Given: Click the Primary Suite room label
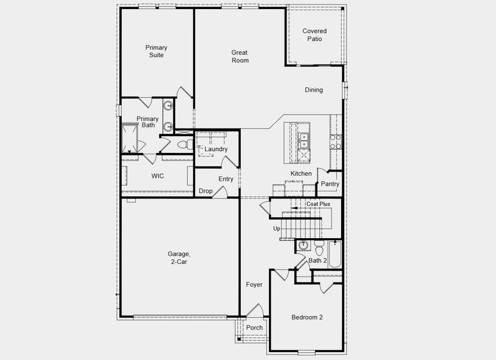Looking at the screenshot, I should pyautogui.click(x=156, y=52).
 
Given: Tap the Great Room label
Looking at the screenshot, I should pyautogui.click(x=240, y=56).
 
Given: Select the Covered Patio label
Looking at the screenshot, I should pyautogui.click(x=315, y=35).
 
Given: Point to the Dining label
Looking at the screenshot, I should pyautogui.click(x=313, y=90).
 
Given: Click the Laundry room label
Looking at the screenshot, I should pyautogui.click(x=216, y=149).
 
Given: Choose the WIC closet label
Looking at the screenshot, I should pyautogui.click(x=157, y=176).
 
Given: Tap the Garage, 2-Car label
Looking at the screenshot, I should pyautogui.click(x=179, y=257).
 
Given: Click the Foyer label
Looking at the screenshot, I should pyautogui.click(x=254, y=284).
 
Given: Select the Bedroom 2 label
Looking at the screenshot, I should pyautogui.click(x=307, y=317).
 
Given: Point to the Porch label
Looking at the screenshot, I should pyautogui.click(x=255, y=328).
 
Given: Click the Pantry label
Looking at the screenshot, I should pyautogui.click(x=330, y=184).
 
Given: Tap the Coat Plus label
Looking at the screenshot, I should pyautogui.click(x=318, y=204).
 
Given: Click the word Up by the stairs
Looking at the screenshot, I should pyautogui.click(x=277, y=229).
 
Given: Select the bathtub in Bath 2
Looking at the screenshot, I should pyautogui.click(x=334, y=254).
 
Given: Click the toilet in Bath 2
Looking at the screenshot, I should pyautogui.click(x=319, y=247).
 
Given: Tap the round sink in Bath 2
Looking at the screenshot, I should pyautogui.click(x=303, y=245).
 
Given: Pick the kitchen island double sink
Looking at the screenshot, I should pyautogui.click(x=304, y=140).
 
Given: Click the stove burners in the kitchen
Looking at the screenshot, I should pyautogui.click(x=335, y=141).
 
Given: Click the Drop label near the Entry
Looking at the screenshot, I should pyautogui.click(x=205, y=191).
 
